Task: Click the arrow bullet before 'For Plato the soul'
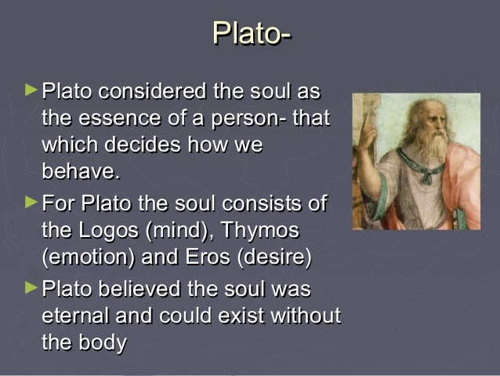[31, 203]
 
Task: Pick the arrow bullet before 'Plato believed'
[31, 289]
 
